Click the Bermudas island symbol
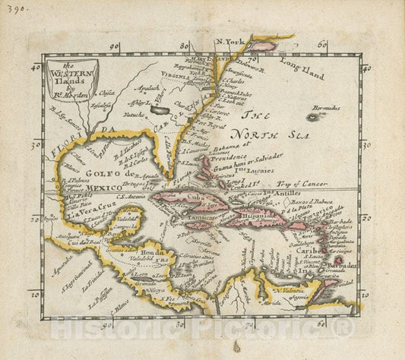pyautogui.click(x=313, y=117)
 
